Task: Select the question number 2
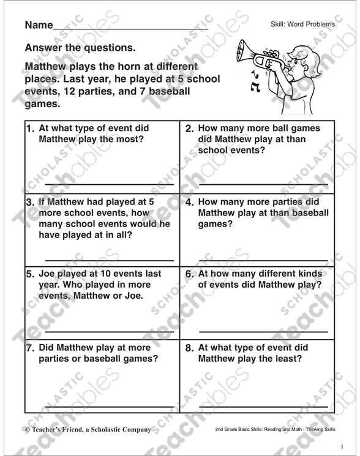pos(189,129)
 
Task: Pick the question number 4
pos(189,201)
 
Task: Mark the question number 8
pos(189,348)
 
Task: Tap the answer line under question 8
pos(263,405)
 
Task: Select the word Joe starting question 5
pos(48,274)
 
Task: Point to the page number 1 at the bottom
pos(343,446)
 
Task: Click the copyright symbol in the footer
pos(28,430)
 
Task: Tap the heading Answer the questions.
pos(80,48)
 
